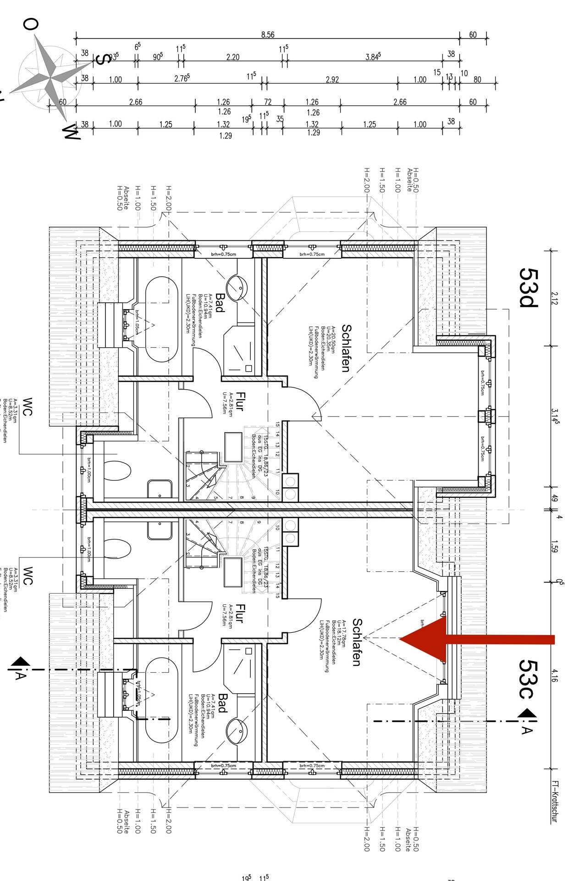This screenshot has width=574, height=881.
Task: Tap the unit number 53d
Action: [529, 287]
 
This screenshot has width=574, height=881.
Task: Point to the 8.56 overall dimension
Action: [267, 35]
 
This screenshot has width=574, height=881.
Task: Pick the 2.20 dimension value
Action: [233, 57]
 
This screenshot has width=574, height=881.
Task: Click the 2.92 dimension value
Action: [332, 79]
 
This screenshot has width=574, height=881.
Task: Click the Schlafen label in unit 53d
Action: [346, 348]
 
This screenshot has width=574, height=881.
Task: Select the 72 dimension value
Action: [267, 102]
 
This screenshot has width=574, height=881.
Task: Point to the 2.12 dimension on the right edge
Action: [555, 298]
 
